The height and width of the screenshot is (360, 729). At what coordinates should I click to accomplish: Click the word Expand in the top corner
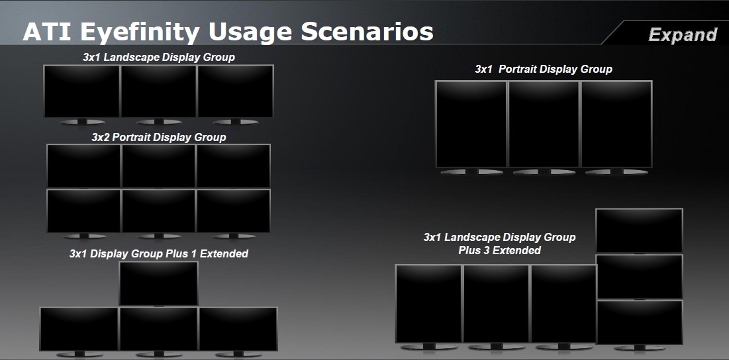click(683, 35)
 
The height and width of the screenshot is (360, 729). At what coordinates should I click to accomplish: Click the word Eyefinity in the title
click(140, 32)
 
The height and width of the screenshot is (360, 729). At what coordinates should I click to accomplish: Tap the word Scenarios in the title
click(367, 32)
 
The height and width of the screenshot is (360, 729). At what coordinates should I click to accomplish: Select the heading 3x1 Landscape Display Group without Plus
click(158, 58)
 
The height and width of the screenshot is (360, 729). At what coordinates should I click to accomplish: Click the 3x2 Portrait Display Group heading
click(158, 138)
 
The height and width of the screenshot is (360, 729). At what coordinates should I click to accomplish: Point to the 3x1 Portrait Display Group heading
click(544, 69)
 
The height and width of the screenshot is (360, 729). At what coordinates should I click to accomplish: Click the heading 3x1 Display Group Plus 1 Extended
click(158, 253)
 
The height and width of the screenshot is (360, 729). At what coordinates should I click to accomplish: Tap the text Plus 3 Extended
click(499, 250)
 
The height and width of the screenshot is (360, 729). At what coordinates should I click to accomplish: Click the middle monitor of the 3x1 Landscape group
click(158, 91)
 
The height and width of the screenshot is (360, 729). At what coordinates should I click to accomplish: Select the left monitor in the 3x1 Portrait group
click(471, 124)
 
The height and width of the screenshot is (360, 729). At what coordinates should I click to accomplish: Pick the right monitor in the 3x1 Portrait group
click(616, 124)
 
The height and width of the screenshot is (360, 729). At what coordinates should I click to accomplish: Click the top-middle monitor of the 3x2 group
click(158, 166)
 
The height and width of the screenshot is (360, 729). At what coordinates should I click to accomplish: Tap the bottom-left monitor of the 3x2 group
click(83, 211)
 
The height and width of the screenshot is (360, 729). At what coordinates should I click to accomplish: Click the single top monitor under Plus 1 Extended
click(158, 283)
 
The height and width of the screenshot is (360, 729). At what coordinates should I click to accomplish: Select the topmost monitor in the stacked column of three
click(639, 230)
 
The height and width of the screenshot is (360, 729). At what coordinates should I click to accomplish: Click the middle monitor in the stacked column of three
click(639, 277)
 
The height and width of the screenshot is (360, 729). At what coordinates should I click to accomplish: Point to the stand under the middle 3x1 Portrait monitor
click(544, 171)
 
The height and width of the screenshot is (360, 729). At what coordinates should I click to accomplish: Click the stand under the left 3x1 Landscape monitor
click(82, 122)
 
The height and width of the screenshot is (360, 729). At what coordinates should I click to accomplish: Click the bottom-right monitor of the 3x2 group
click(233, 211)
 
